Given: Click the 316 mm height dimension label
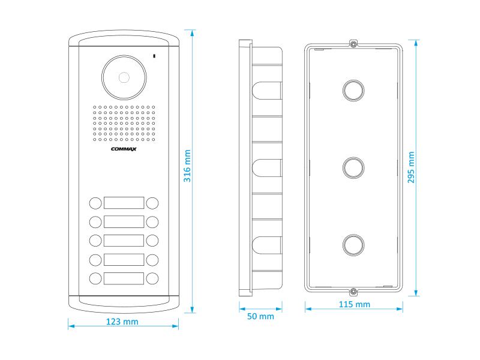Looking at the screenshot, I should click(187, 166).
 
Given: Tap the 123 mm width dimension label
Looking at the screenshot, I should click(122, 322).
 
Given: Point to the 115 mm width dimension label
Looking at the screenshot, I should click(355, 304).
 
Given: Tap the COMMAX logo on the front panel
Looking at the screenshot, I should click(124, 150).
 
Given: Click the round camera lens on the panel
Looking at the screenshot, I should click(124, 78).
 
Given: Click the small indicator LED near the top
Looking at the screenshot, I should click(155, 57).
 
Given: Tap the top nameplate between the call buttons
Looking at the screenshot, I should click(124, 202).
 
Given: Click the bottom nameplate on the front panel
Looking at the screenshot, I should click(124, 278).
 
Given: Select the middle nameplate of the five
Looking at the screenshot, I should click(124, 241).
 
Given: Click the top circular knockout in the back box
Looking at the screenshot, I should click(353, 89).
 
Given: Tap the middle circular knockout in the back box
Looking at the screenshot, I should click(353, 167).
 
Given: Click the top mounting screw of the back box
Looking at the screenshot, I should click(353, 44).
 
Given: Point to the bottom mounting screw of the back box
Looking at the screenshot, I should click(353, 292).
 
